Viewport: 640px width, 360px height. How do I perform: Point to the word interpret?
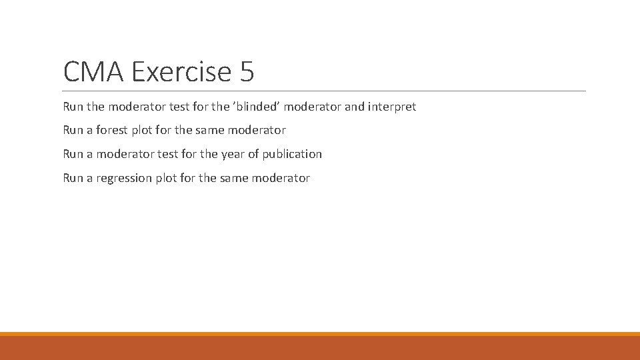[x=392, y=107]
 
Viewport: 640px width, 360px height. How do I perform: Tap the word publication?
[x=292, y=154]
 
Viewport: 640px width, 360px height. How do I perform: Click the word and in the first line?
[x=355, y=107]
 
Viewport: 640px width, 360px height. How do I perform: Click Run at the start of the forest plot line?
[x=73, y=130]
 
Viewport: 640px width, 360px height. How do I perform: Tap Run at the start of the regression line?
[x=73, y=178]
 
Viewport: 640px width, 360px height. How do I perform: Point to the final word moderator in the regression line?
[x=282, y=178]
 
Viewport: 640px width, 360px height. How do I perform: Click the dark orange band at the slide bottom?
[x=320, y=348]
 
